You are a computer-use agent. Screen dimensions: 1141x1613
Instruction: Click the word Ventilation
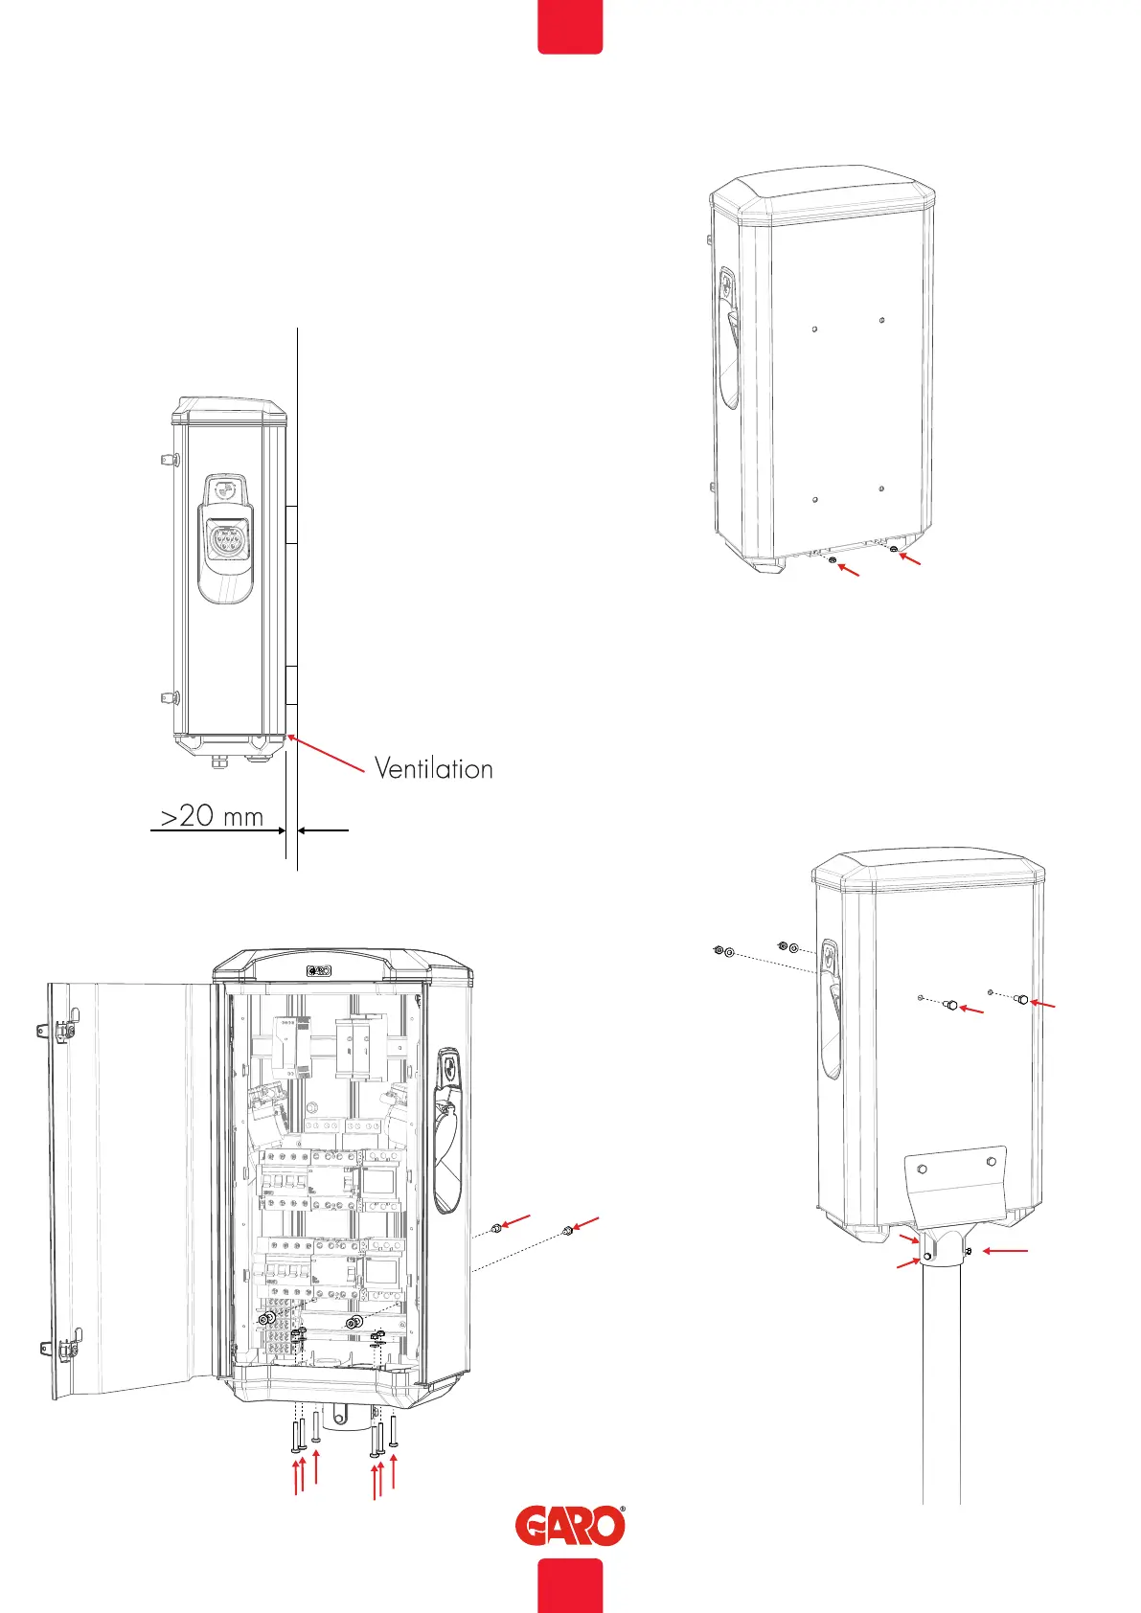433,768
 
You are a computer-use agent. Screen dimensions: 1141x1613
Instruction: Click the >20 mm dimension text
211,816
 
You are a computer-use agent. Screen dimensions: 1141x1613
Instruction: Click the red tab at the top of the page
570,26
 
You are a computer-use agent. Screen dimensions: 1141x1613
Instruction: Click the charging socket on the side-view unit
225,541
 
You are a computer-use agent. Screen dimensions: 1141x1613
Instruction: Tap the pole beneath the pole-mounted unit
941,1389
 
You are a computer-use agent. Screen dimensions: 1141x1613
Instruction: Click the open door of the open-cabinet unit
129,1188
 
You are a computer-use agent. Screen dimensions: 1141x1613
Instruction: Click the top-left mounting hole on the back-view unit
813,329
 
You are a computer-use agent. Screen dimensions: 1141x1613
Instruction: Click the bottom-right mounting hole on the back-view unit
881,488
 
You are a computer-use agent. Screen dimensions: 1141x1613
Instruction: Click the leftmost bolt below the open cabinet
295,1434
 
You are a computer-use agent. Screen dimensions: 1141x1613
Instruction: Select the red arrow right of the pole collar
1006,1251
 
